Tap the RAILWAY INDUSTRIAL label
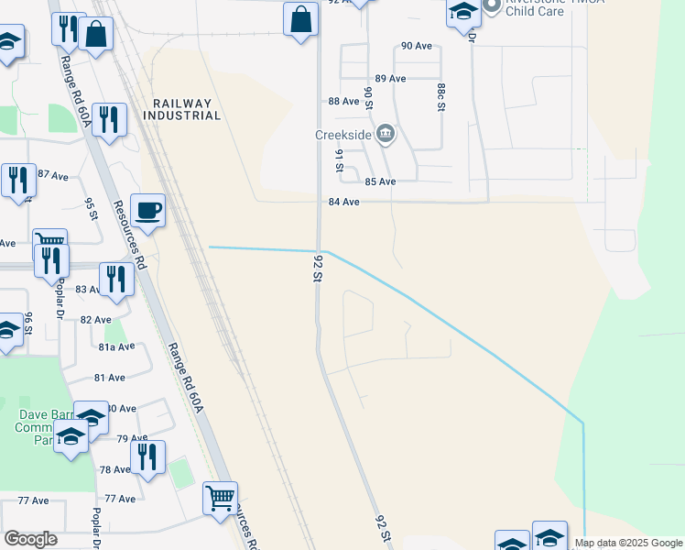pos(182,110)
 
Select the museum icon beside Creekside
pos(386,136)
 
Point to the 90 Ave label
pos(417,46)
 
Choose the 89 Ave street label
pos(390,79)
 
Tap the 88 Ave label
pos(343,101)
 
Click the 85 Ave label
pos(380,181)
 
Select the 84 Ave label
pos(343,202)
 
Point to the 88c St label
pos(440,96)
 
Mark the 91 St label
pos(339,159)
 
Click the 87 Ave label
pos(53,174)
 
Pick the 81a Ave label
pos(116,346)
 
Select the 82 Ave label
pos(95,319)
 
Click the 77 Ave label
pos(120,499)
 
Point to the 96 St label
pos(28,324)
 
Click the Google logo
pos(30,539)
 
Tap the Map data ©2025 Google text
pos(629,544)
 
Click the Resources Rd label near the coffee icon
pos(129,234)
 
